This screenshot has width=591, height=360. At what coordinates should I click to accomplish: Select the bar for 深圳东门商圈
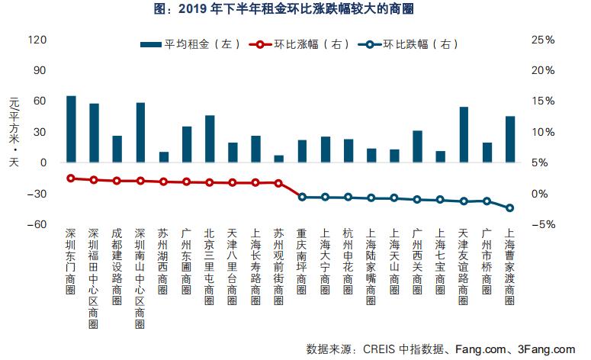(71, 129)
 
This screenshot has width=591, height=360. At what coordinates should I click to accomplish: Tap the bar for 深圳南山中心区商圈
(140, 133)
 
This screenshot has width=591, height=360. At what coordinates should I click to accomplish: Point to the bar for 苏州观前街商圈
(278, 159)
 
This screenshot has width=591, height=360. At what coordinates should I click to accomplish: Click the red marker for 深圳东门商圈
(71, 178)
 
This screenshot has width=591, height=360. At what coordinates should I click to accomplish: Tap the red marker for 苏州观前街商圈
(278, 183)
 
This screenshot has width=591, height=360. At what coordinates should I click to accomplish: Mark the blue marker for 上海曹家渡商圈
(510, 208)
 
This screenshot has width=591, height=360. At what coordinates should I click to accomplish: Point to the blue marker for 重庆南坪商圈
(302, 197)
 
